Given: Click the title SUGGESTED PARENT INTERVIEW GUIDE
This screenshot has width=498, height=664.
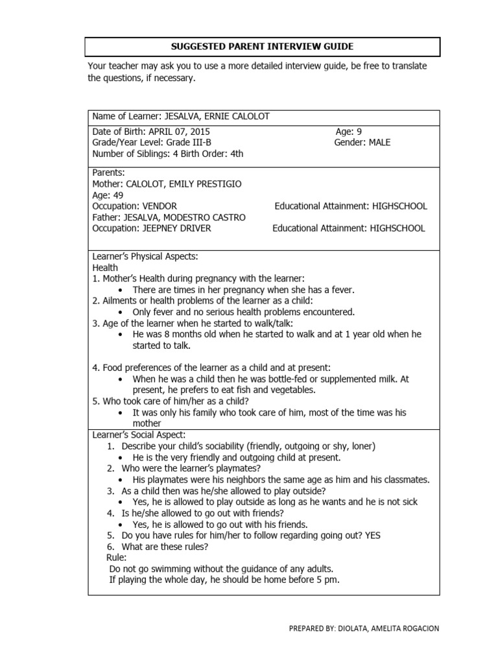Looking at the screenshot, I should point(263,47).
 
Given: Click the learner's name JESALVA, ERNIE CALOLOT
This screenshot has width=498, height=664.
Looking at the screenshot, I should point(217,117).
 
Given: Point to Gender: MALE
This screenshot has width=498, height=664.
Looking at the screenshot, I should point(362,142).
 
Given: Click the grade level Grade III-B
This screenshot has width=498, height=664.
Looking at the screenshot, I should point(189,142).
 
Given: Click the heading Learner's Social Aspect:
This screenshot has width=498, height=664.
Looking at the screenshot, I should point(139,434).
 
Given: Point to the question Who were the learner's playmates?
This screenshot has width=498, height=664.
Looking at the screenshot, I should point(191,468).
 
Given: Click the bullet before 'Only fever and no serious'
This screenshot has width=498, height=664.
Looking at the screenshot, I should point(121,313).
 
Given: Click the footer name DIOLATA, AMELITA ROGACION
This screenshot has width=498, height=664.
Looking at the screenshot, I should point(388,628).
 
